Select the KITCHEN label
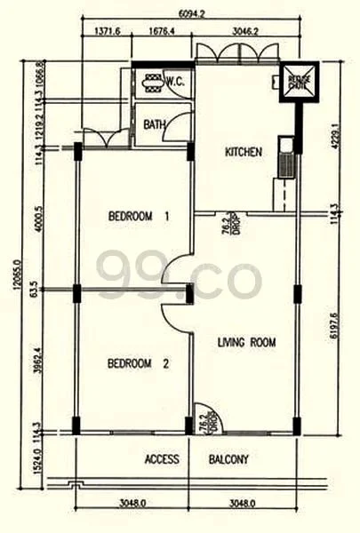(x=243, y=152)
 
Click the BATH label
(x=155, y=125)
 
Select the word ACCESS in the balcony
(x=162, y=459)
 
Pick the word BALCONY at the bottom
(x=228, y=459)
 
